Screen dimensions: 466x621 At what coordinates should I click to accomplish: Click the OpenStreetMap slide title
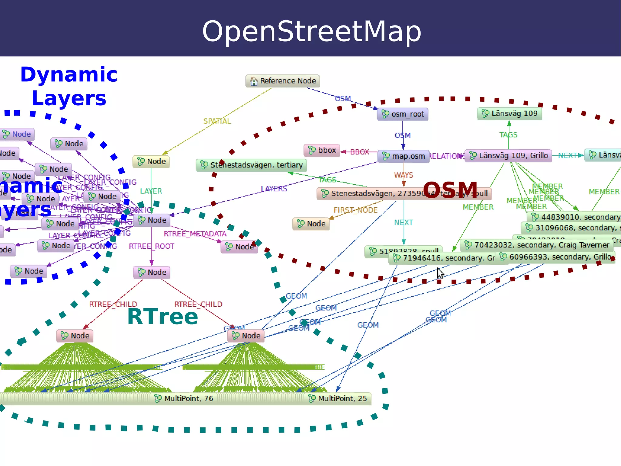click(311, 31)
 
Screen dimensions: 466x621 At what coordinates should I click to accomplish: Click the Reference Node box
click(283, 81)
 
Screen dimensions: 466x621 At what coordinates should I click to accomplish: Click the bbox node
click(322, 150)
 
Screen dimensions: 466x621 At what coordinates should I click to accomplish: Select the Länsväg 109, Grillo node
click(509, 156)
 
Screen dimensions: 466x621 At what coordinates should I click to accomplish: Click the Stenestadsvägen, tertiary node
click(251, 165)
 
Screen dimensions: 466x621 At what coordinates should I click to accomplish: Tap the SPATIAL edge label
click(217, 121)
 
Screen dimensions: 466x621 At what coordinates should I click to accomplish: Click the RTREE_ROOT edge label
click(152, 246)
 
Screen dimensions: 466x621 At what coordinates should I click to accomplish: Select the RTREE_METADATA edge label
click(195, 234)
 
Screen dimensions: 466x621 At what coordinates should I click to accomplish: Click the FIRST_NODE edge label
click(355, 210)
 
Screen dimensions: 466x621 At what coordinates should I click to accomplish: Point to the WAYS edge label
click(404, 175)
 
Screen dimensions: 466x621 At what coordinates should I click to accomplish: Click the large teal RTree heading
click(163, 317)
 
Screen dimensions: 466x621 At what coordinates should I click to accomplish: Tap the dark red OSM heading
click(450, 190)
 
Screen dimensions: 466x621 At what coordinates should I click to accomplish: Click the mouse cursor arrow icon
click(440, 273)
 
